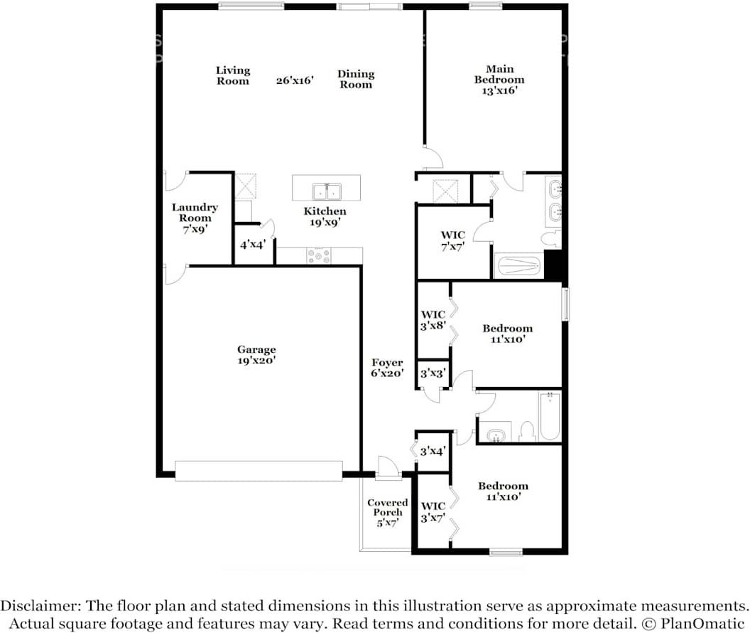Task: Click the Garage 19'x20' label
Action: point(256,355)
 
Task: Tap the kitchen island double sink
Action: point(327,191)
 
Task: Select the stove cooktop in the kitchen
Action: point(318,255)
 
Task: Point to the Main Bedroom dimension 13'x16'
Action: point(500,90)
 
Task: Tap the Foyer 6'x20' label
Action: point(387,368)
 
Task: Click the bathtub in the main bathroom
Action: point(518,267)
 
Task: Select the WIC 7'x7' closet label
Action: point(453,241)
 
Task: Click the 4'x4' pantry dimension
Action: point(253,244)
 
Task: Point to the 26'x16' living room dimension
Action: point(295,80)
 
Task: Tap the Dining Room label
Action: point(356,79)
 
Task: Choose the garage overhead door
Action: point(259,471)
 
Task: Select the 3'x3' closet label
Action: point(433,373)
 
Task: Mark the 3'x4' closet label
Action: point(433,451)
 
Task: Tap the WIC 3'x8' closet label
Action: point(433,320)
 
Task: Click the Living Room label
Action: point(233,75)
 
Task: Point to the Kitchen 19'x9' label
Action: point(325,216)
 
